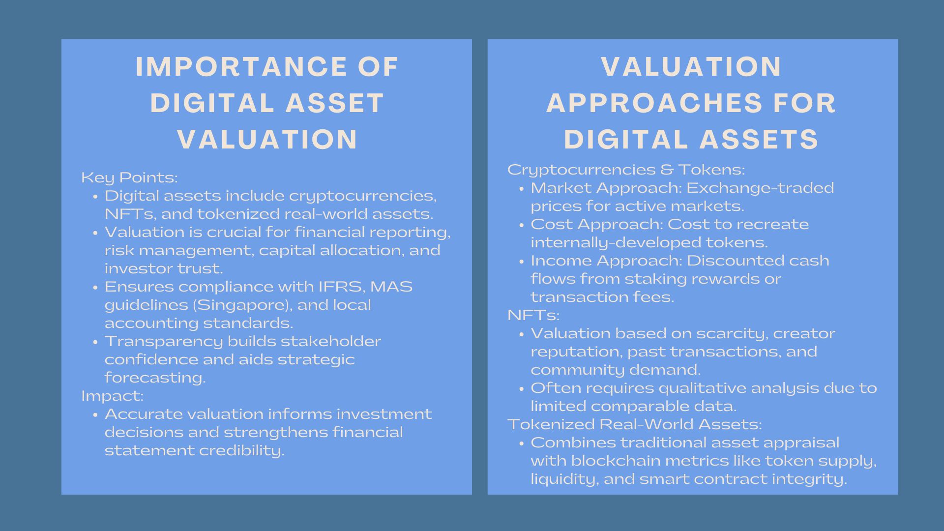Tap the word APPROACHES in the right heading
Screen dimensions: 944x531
click(654, 103)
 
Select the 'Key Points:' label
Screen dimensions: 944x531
click(129, 177)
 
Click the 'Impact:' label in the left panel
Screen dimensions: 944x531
click(113, 396)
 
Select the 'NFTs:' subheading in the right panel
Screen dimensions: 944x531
click(533, 315)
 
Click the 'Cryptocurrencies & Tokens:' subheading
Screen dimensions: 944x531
click(626, 170)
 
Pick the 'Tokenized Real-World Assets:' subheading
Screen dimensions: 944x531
click(635, 424)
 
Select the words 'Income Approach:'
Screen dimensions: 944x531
click(606, 261)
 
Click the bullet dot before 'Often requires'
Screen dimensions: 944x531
click(522, 389)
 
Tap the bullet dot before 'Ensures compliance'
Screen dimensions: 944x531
click(95, 288)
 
